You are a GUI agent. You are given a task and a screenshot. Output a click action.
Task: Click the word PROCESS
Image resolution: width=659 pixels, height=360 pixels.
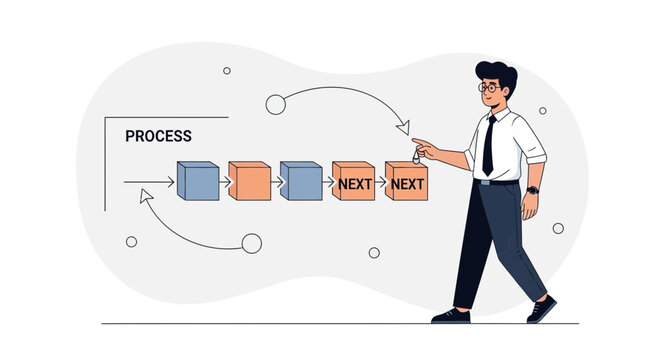(158, 136)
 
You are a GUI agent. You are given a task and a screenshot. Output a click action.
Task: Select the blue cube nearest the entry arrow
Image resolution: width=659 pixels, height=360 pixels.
(197, 181)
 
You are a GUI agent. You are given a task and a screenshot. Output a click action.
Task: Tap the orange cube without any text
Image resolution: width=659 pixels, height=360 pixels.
(249, 181)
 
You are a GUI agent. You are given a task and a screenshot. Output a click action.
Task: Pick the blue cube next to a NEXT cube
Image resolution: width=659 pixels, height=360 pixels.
(300, 181)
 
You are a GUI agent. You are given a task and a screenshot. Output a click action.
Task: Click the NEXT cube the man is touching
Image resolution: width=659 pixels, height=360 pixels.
(406, 182)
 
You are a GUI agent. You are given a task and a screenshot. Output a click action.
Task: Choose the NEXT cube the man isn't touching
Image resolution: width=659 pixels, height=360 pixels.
(353, 182)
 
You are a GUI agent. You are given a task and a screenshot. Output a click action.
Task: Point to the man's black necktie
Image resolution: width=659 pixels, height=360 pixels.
(488, 145)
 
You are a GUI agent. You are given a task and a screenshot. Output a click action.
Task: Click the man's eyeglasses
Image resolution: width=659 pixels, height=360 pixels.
(488, 88)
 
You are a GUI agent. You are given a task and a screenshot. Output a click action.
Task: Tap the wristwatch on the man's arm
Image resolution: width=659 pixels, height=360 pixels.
(532, 189)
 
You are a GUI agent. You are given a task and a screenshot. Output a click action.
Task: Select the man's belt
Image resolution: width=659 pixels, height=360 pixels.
(499, 182)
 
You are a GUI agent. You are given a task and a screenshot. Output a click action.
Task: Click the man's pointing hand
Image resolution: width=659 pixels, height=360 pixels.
(424, 148)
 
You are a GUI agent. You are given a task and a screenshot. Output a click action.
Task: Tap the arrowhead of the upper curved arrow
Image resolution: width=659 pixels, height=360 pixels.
(404, 128)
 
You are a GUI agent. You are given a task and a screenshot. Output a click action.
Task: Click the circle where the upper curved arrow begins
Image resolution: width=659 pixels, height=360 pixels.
(276, 104)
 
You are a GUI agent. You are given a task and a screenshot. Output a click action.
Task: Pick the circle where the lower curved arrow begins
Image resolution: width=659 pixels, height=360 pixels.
(251, 243)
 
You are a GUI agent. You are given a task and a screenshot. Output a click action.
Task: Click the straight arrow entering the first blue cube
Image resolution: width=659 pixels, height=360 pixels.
(150, 182)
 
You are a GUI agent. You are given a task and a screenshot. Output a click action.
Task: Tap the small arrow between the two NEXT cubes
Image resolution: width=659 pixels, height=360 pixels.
(380, 182)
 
